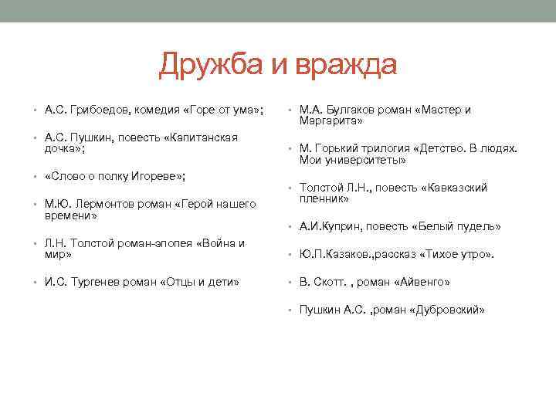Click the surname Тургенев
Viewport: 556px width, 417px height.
click(103, 282)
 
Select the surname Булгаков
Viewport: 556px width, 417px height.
click(358, 110)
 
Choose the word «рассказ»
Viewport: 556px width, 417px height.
click(402, 255)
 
